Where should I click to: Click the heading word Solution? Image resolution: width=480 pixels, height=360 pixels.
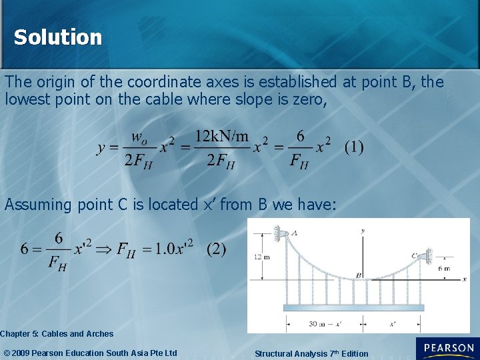tap(58, 37)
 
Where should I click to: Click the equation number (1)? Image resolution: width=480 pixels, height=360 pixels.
tap(354, 147)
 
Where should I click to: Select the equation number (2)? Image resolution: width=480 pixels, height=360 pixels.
tap(216, 249)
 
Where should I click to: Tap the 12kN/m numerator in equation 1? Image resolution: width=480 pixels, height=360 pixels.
tap(221, 137)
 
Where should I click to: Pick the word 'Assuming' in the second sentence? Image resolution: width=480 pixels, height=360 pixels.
tap(37, 205)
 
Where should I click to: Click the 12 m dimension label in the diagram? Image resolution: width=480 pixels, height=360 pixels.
tap(261, 257)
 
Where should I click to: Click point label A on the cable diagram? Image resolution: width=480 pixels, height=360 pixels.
tap(295, 233)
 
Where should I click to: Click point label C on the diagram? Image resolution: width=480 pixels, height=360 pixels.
tap(414, 255)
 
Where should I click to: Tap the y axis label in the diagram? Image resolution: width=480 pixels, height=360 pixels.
tap(363, 230)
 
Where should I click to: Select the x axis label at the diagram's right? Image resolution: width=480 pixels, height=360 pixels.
tap(464, 279)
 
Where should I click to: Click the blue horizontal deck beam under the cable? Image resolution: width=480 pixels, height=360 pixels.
tap(353, 307)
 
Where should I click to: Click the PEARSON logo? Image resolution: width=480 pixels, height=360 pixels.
tap(446, 349)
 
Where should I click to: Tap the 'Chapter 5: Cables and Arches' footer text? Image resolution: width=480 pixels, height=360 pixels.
tap(57, 333)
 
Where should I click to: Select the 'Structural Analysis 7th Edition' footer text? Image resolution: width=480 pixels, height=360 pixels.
tap(311, 353)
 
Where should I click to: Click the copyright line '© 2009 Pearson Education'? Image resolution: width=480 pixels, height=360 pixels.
tap(91, 353)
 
